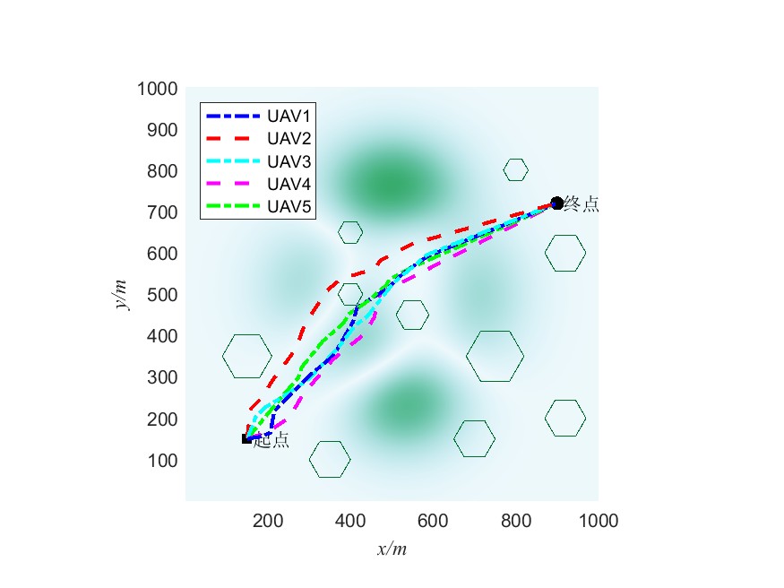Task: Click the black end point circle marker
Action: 556,203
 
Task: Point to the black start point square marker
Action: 246,438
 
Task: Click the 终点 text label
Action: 582,204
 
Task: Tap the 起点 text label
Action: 271,440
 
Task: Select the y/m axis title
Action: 120,294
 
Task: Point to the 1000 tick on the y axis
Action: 157,89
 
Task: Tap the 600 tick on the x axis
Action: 433,521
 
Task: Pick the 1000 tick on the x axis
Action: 599,521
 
